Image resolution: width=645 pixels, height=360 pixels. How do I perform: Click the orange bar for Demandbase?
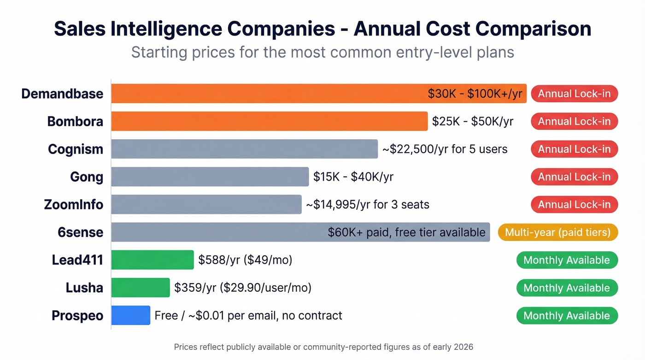(x=267, y=94)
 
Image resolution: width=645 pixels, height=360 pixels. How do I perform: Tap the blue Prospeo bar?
(x=131, y=315)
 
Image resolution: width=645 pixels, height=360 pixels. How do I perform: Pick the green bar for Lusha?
(x=141, y=288)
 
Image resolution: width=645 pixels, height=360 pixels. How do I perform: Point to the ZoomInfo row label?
(x=74, y=205)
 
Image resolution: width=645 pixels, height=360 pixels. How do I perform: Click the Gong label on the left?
(x=87, y=177)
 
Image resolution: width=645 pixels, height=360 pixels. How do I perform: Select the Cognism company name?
(x=76, y=149)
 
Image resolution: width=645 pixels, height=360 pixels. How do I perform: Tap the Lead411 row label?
(x=77, y=260)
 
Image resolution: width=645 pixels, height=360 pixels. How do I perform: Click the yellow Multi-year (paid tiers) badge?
(x=557, y=232)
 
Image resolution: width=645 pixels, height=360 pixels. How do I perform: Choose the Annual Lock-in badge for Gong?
(x=574, y=177)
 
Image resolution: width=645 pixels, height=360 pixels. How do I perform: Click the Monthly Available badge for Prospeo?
(x=567, y=315)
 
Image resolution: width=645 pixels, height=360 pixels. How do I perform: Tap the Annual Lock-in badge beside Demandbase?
(x=574, y=94)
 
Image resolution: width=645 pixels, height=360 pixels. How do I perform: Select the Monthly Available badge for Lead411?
(x=567, y=260)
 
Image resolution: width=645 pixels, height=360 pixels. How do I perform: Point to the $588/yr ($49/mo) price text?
(x=245, y=260)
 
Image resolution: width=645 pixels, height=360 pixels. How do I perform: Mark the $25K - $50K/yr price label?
(x=473, y=121)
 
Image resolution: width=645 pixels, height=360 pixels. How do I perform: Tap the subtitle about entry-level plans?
(x=322, y=52)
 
